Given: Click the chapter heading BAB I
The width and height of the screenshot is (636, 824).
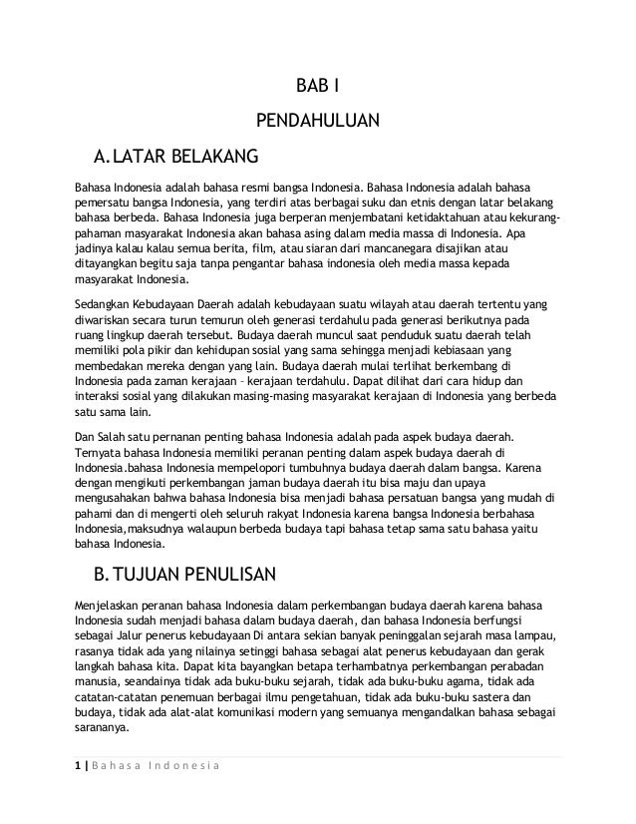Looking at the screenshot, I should coord(318,86).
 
